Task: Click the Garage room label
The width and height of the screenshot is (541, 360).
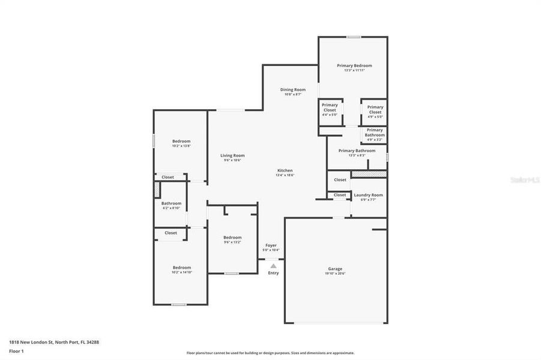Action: coord(335,268)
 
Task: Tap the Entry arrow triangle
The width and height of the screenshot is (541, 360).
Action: coord(273,265)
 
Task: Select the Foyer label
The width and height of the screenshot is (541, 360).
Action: coord(271,245)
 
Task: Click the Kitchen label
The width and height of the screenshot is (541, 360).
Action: coord(285,170)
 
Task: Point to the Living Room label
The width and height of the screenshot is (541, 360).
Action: coord(232,155)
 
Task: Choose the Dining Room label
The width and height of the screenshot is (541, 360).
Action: coord(293,89)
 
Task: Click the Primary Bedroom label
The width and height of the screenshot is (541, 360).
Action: coord(354,65)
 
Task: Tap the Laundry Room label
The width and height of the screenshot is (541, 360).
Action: coord(368,195)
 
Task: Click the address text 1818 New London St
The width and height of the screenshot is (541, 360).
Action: coord(54,341)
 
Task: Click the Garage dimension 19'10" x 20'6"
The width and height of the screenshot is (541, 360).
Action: coord(335,274)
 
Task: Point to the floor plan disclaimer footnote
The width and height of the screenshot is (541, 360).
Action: coord(270,353)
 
